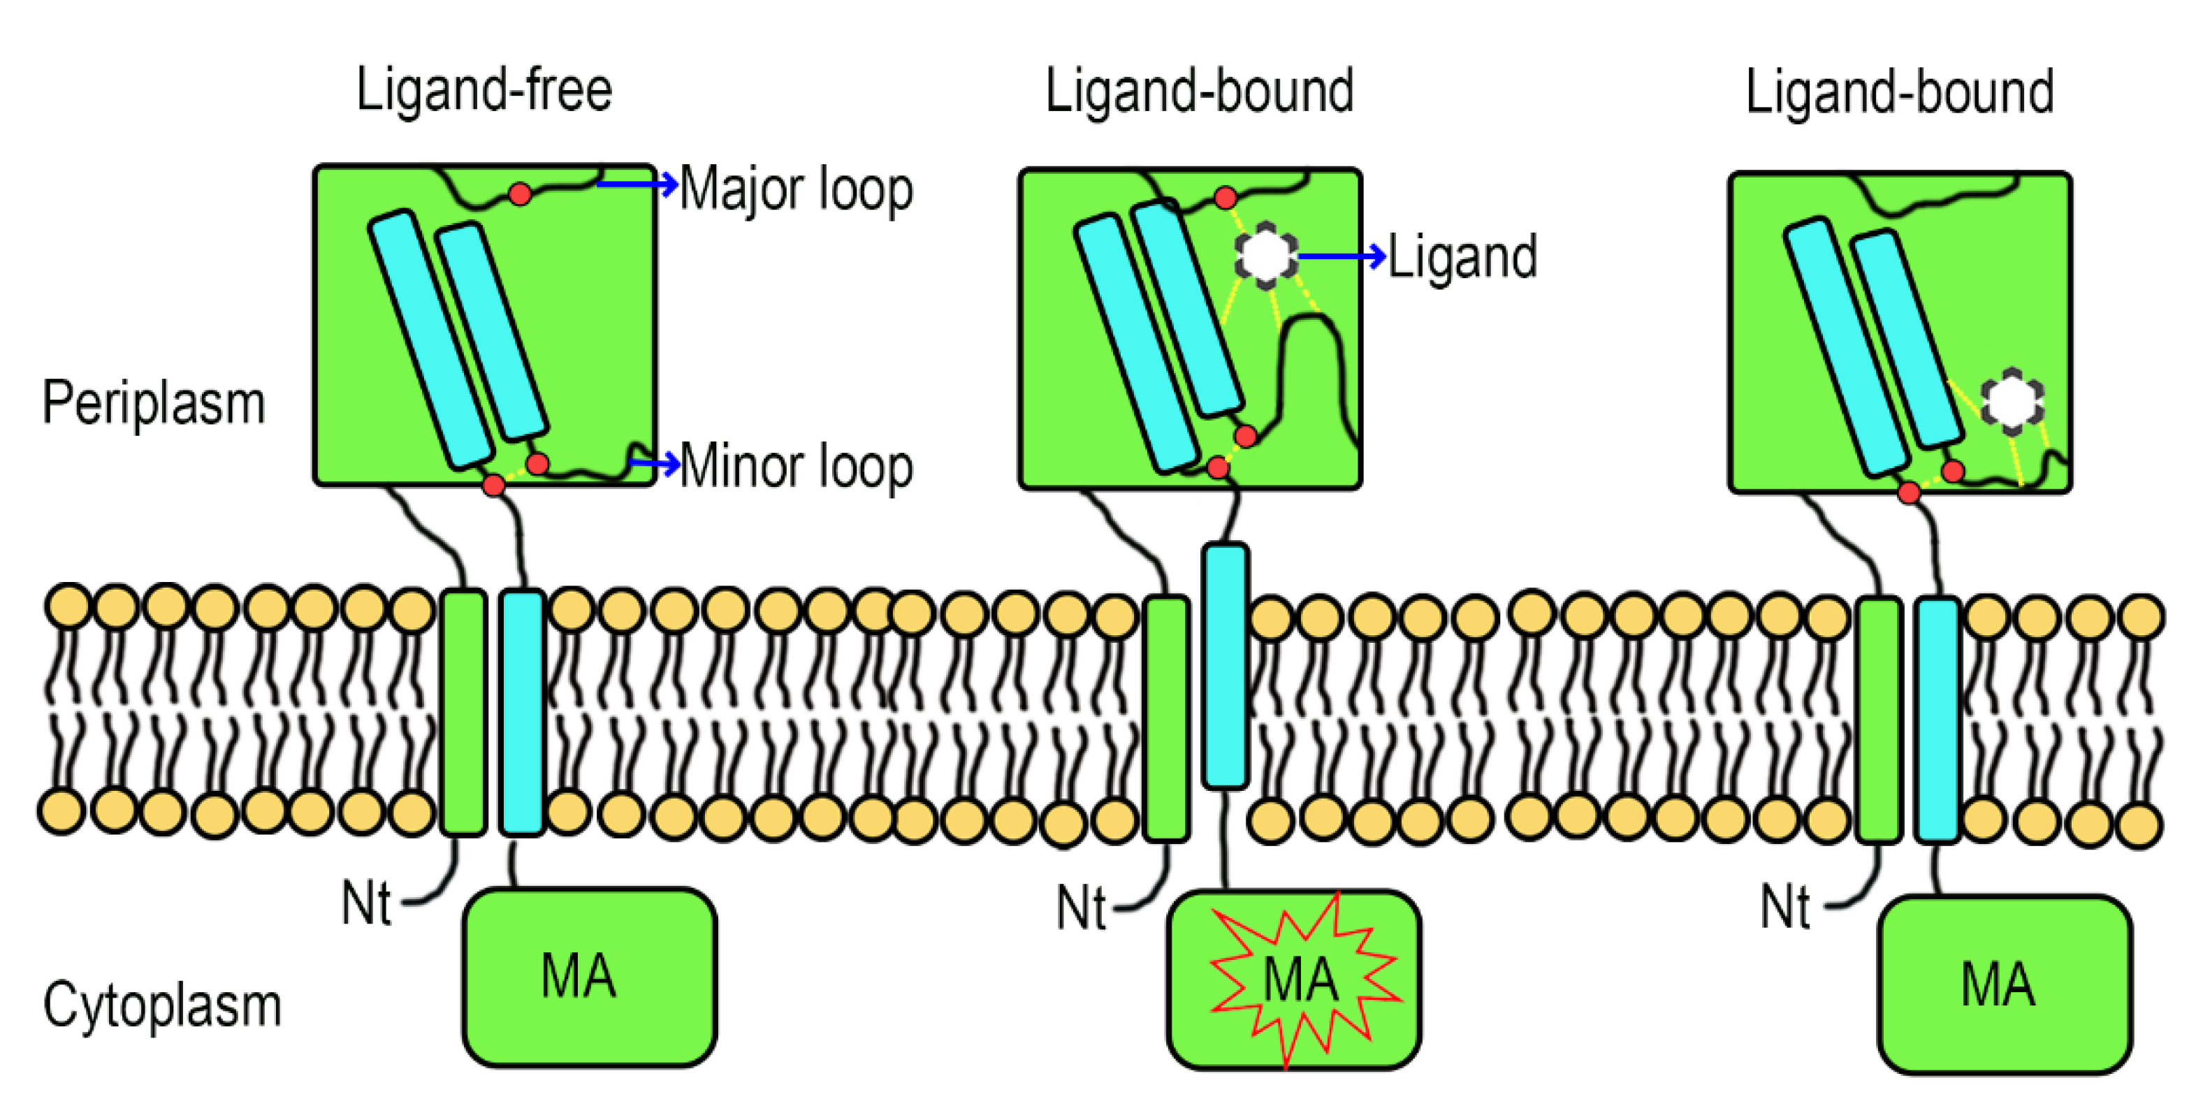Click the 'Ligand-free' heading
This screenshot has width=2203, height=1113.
pyautogui.click(x=484, y=90)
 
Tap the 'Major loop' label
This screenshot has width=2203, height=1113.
pyautogui.click(x=795, y=189)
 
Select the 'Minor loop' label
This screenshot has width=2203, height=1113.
pyautogui.click(x=795, y=466)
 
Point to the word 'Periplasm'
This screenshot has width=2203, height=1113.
pyautogui.click(x=154, y=403)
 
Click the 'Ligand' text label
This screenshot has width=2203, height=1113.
pyautogui.click(x=1462, y=256)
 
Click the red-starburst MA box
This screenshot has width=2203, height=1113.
pyautogui.click(x=1294, y=980)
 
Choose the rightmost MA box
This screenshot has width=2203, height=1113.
pyautogui.click(x=2004, y=984)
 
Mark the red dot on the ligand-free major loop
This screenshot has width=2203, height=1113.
pyautogui.click(x=519, y=194)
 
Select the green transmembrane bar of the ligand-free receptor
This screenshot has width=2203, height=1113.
pyautogui.click(x=463, y=712)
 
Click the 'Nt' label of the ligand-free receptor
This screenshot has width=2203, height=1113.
pyautogui.click(x=366, y=903)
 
